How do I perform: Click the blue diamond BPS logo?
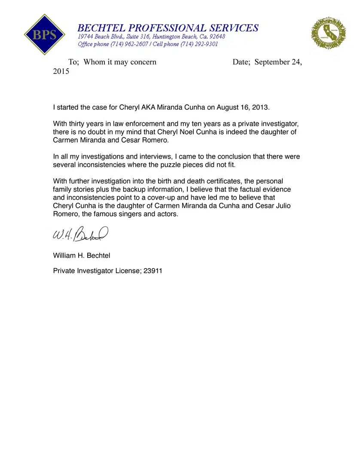click(x=45, y=34)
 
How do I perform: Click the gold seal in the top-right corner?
click(x=328, y=33)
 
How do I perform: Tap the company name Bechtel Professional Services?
click(x=168, y=28)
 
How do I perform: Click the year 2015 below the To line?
click(x=61, y=72)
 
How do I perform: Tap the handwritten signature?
click(x=80, y=235)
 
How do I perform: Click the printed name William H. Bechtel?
click(x=82, y=256)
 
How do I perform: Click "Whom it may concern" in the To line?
click(x=120, y=62)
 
